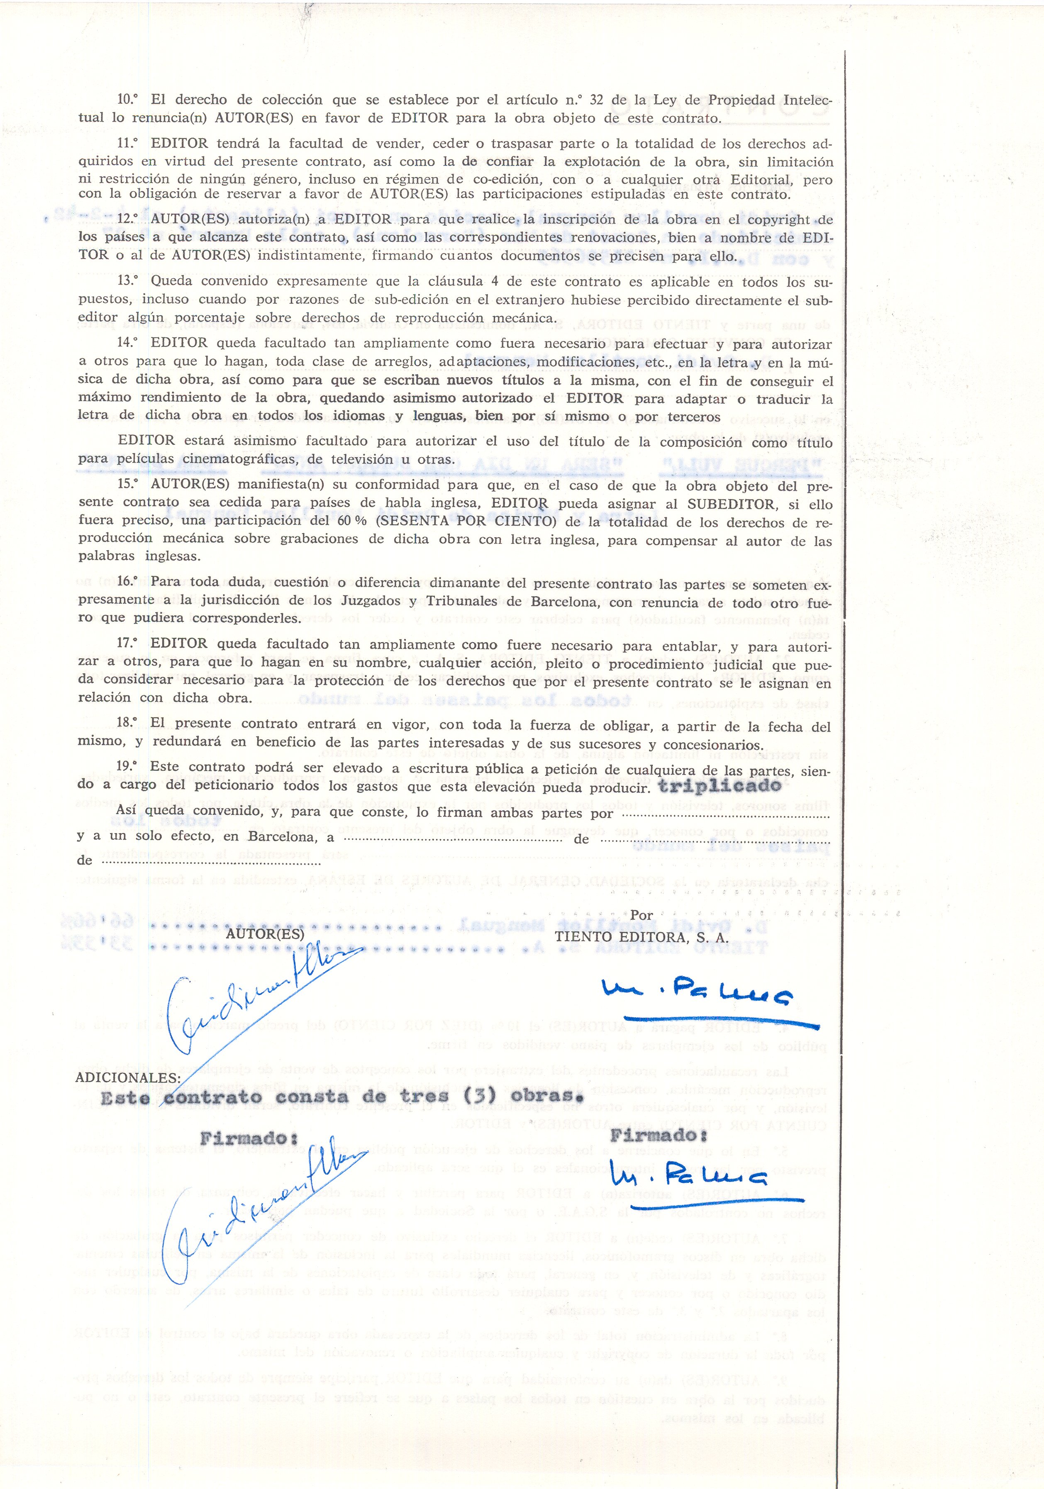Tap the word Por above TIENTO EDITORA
click(x=642, y=914)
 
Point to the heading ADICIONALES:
click(x=128, y=1077)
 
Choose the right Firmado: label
click(x=658, y=1135)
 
